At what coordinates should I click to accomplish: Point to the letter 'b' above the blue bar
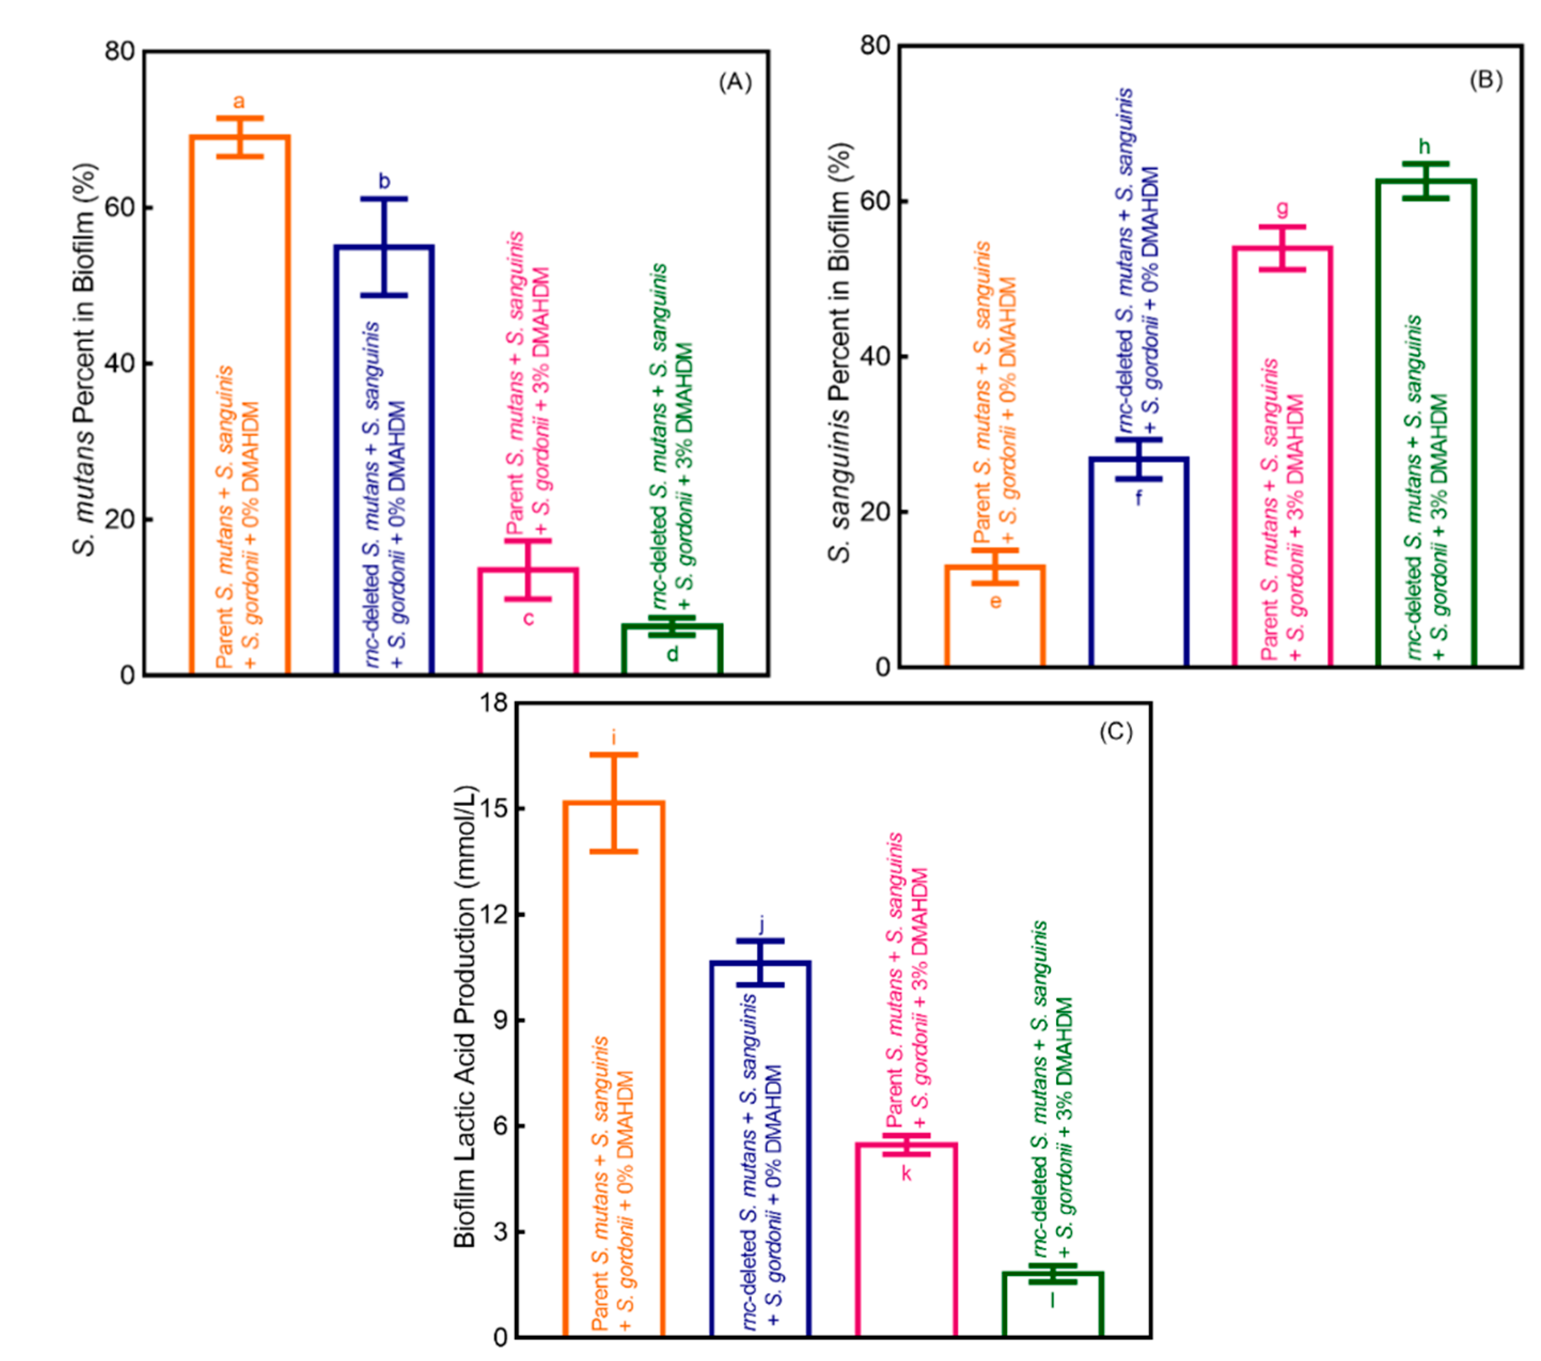(384, 182)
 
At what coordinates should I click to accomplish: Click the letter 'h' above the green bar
(1424, 146)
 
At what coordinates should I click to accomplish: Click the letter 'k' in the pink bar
(906, 1174)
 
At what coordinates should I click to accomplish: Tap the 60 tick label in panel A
(120, 207)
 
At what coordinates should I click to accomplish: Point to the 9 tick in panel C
(501, 1020)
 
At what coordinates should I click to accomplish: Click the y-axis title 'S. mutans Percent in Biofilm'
(85, 361)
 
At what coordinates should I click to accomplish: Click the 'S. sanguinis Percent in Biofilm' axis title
(839, 353)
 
